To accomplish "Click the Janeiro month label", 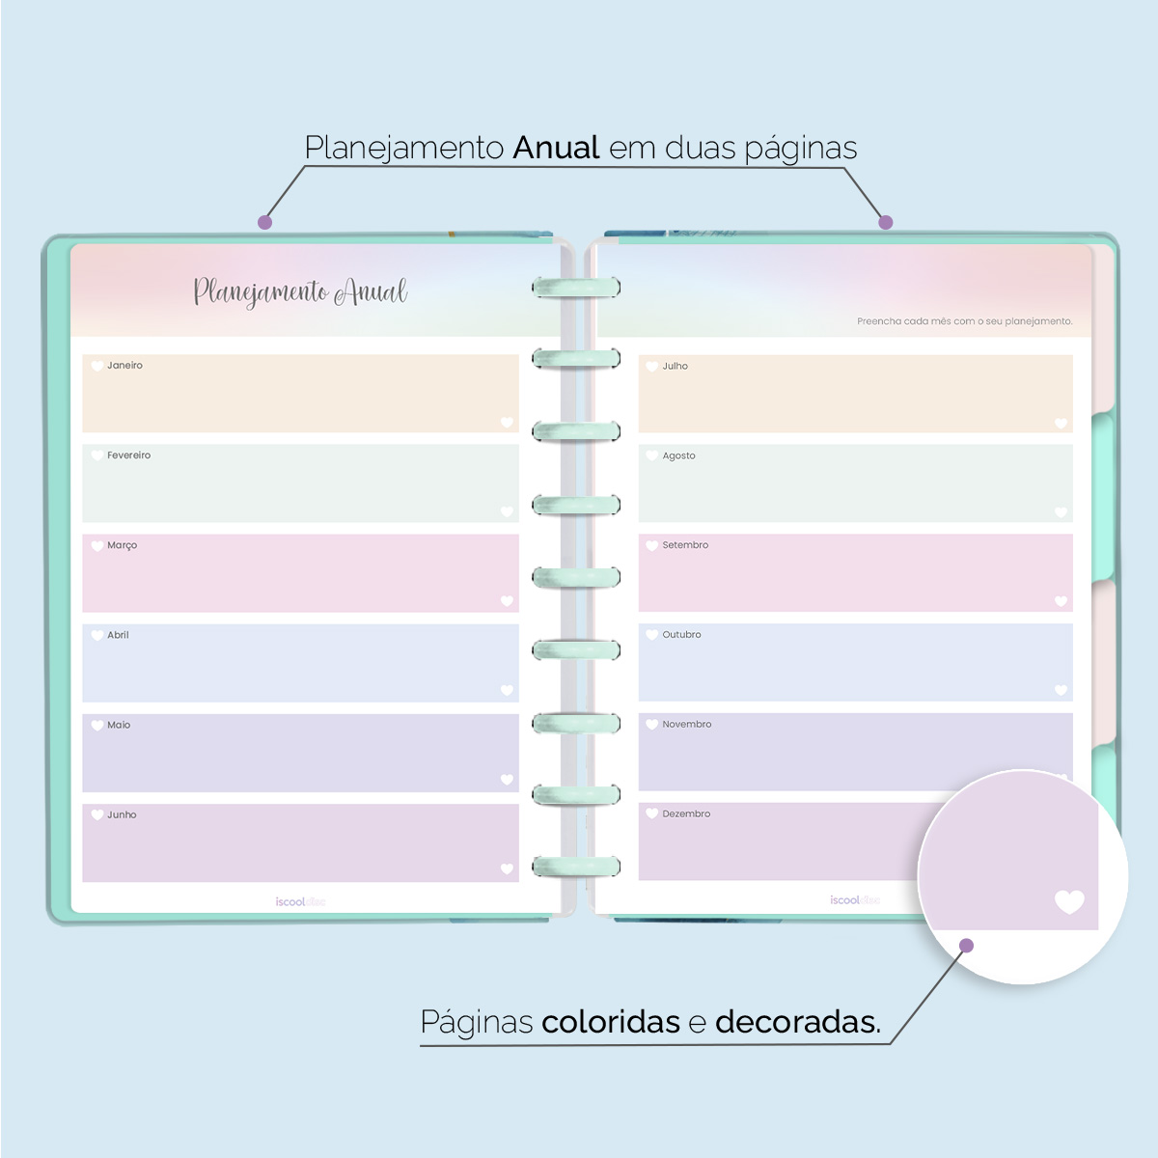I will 124,366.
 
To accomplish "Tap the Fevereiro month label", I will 128,455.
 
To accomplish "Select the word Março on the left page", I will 122,545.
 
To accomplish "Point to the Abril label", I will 118,635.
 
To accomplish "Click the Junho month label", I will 122,814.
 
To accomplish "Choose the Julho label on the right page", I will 675,367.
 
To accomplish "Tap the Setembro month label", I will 685,545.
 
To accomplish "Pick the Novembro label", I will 686,725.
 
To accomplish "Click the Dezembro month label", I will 686,814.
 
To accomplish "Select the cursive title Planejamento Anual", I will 300,291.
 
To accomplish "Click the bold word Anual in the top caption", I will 557,149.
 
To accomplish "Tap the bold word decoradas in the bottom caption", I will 797,1022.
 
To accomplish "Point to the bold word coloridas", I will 610,1022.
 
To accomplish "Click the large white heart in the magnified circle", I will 1069,902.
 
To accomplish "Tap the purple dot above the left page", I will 265,223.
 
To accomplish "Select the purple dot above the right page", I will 886,223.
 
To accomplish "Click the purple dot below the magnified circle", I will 967,946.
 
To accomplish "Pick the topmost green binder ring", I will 576,287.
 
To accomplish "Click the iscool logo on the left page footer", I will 300,902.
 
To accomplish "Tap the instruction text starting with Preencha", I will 964,321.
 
